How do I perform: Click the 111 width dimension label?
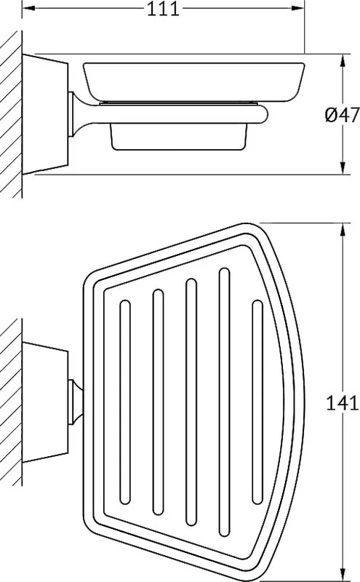point(164,9)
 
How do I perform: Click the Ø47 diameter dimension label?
point(343,114)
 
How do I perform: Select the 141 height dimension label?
point(342,403)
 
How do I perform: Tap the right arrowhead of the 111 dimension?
point(297,8)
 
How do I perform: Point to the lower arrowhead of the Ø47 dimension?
point(343,167)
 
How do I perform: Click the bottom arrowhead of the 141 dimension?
point(343,575)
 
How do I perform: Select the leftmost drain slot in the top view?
point(125,402)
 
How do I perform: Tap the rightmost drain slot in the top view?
point(257,402)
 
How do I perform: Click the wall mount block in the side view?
point(45,114)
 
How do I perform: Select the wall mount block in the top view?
point(45,403)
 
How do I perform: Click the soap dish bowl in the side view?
point(193,82)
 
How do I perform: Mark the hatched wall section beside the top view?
point(11,402)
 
